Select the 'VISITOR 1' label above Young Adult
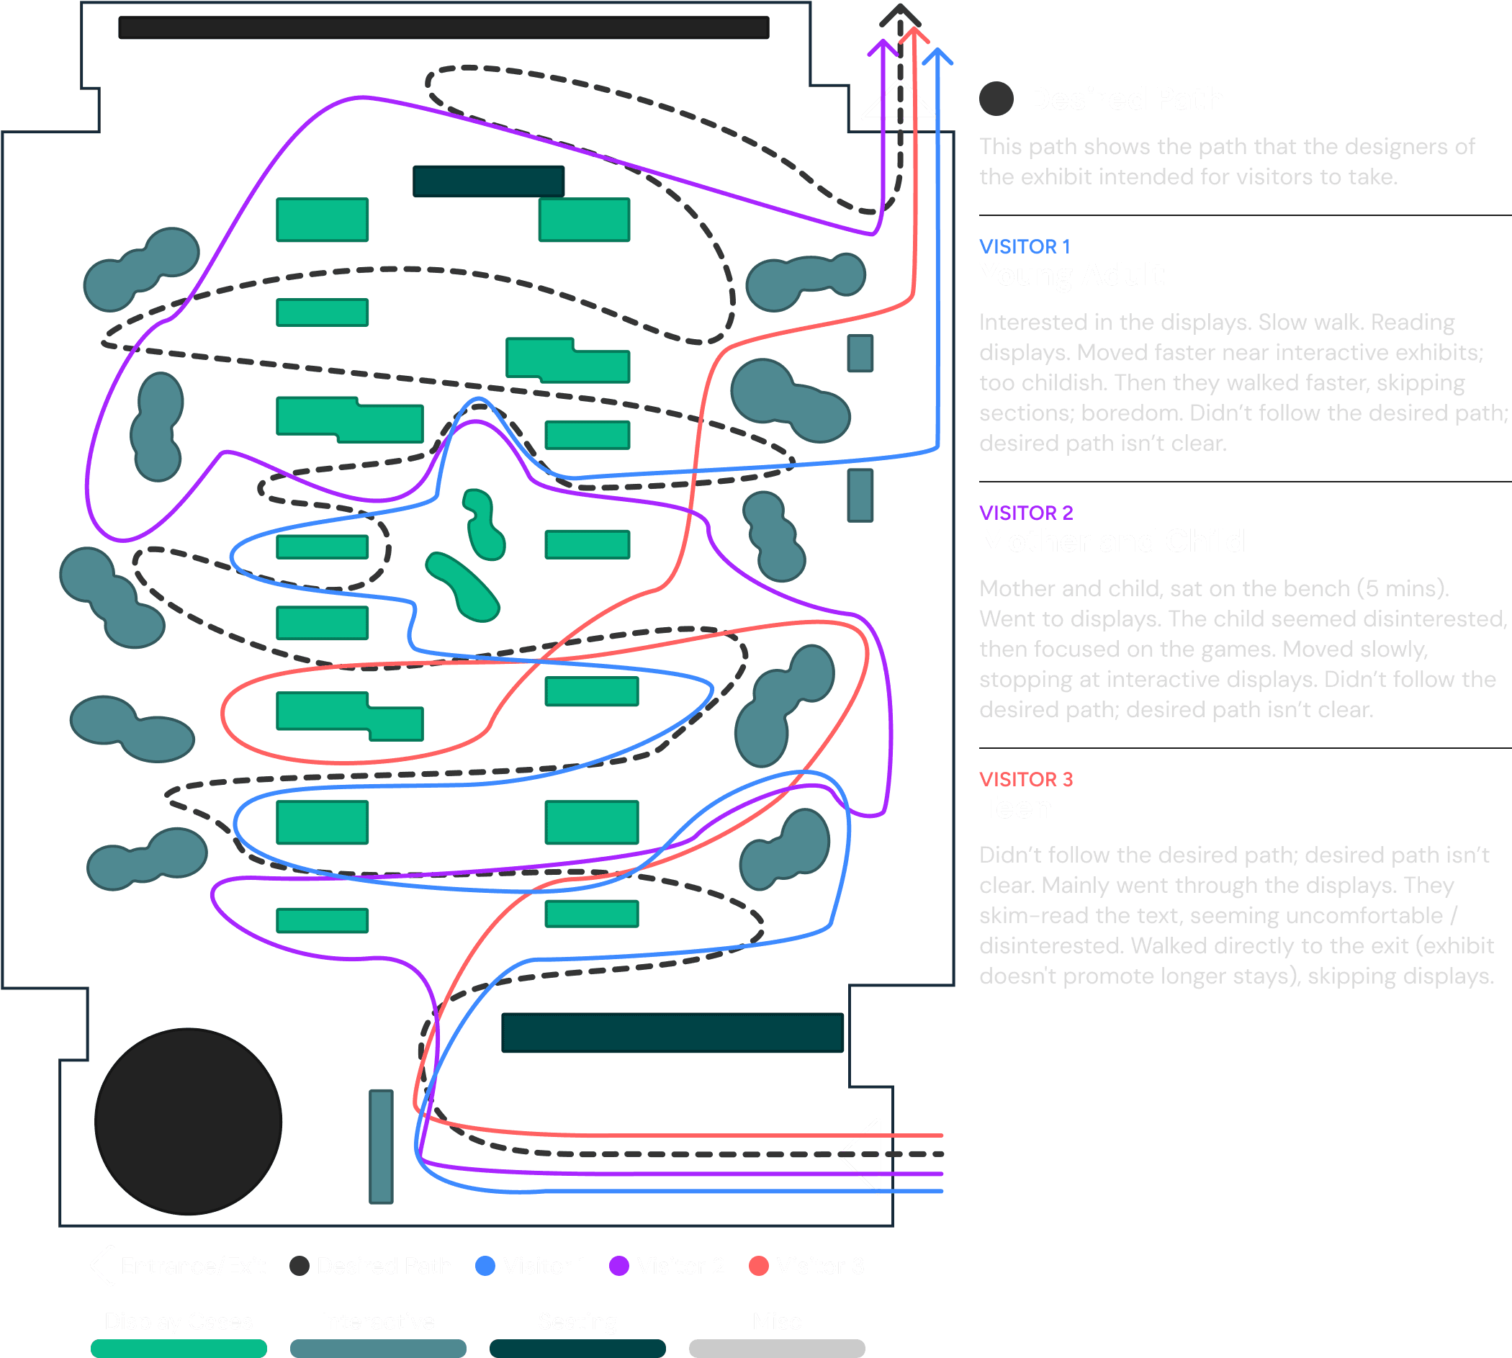1024,246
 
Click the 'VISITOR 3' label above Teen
1026,779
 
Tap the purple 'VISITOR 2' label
1026,513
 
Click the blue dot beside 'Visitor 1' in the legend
485,1267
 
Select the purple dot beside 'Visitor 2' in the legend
619,1267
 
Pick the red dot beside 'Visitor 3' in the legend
759,1267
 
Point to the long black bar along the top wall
444,27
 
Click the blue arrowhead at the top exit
937,57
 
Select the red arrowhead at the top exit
914,35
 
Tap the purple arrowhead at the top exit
883,48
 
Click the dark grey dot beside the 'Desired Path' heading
996,99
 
